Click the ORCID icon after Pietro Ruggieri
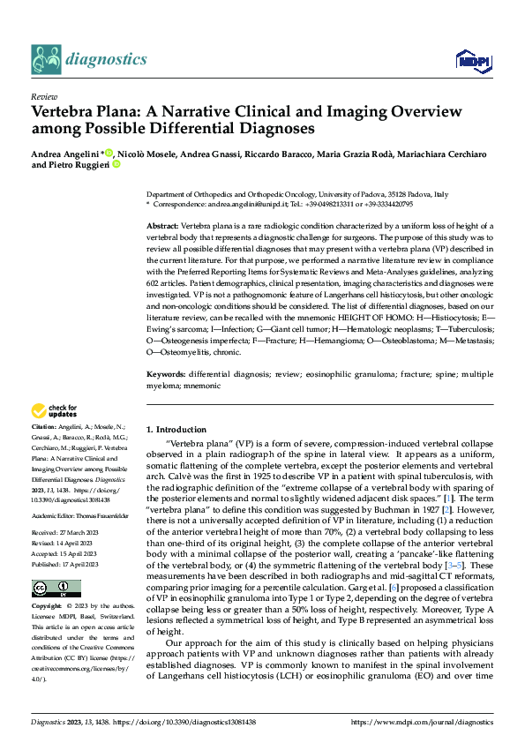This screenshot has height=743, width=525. (x=116, y=165)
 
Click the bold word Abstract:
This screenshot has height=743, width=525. (x=162, y=227)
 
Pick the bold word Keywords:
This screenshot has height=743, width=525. (x=165, y=375)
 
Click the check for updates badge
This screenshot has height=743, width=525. (x=54, y=410)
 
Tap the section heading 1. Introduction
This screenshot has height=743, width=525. (x=176, y=428)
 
